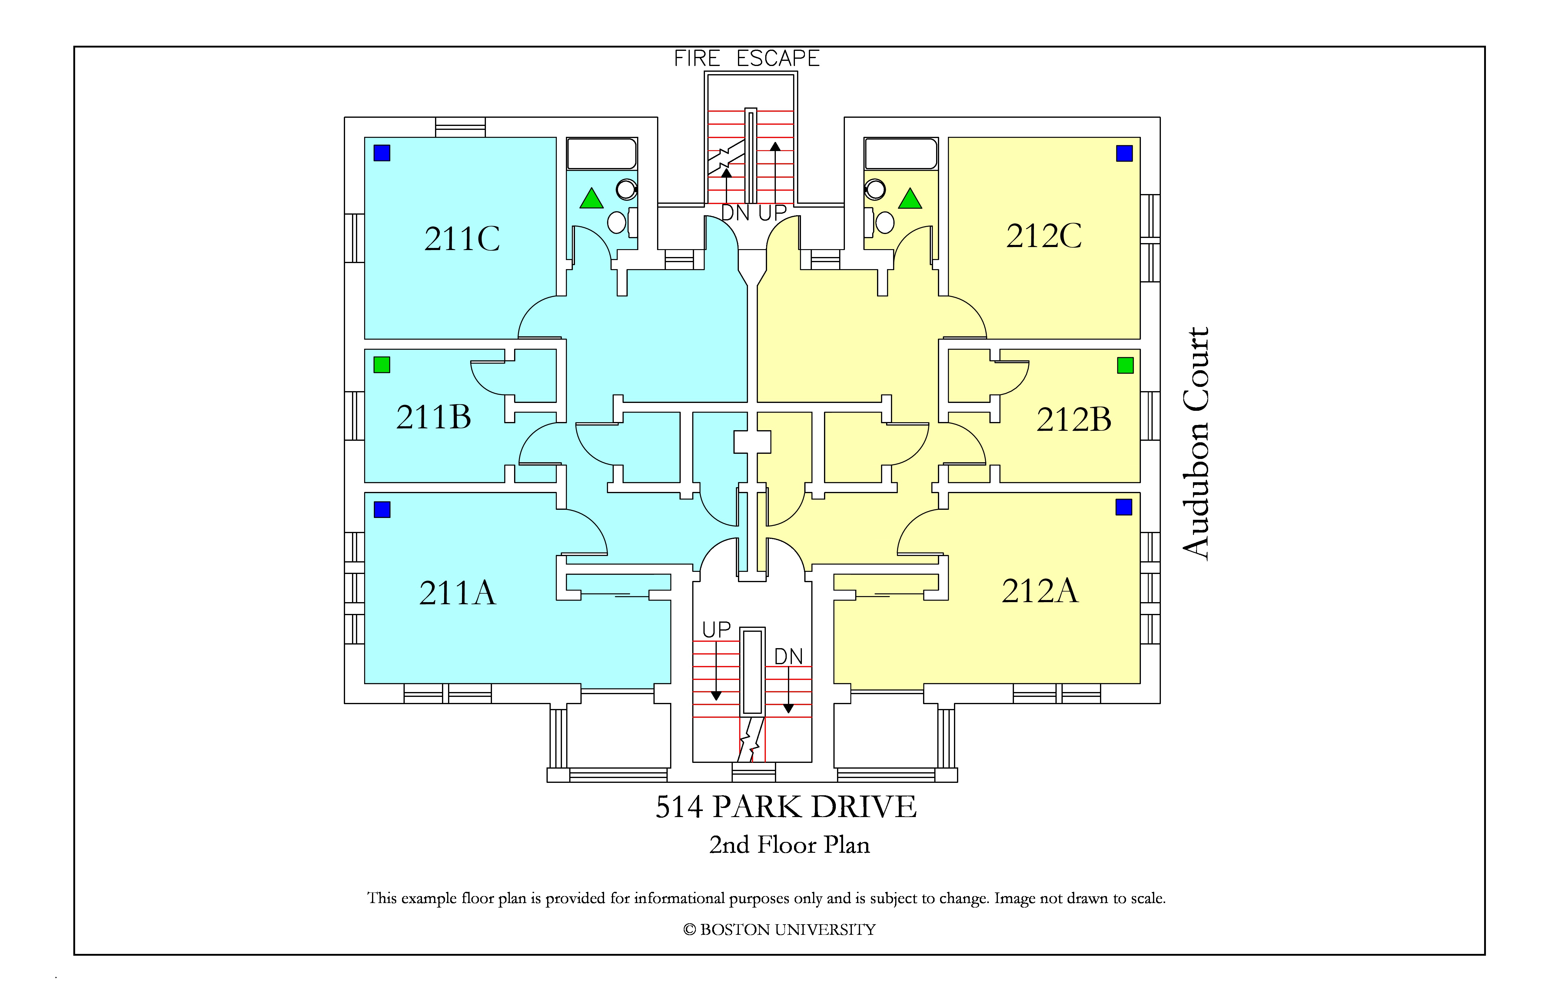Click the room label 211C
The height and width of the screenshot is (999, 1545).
pyautogui.click(x=462, y=239)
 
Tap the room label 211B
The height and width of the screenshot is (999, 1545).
pyautogui.click(x=434, y=417)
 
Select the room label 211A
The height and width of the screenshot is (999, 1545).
pyautogui.click(x=457, y=593)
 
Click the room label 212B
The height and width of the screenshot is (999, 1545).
pyautogui.click(x=1074, y=420)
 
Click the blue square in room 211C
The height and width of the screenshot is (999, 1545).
pyautogui.click(x=382, y=153)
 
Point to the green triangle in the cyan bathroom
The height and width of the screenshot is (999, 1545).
pyautogui.click(x=591, y=199)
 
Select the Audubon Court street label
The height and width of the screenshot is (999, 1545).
pyautogui.click(x=1196, y=443)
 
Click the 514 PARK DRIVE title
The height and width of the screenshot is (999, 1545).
pyautogui.click(x=786, y=807)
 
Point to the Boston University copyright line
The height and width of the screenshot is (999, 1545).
pyautogui.click(x=779, y=930)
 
